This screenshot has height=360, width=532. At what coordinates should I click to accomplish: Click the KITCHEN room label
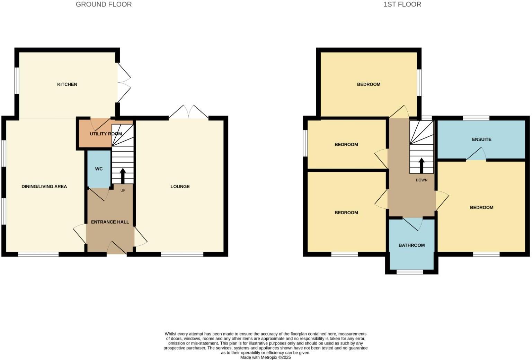(x=67, y=84)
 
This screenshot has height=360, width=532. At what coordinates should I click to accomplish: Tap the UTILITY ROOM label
(x=106, y=134)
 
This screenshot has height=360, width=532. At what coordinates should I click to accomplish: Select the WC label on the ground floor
(x=99, y=169)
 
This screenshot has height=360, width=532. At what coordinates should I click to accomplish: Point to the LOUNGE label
(x=180, y=187)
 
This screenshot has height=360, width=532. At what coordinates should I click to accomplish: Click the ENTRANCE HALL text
(x=110, y=222)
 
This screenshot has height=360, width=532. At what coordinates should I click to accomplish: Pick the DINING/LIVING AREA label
(x=44, y=187)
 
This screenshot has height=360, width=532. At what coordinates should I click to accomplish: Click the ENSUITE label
(x=481, y=139)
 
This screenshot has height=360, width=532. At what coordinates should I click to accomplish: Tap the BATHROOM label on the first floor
(x=411, y=245)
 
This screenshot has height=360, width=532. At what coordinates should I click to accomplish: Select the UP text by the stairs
(x=123, y=190)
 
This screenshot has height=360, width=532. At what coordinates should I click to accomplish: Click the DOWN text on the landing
(x=422, y=180)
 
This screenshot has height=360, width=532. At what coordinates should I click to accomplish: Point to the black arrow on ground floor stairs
(x=123, y=175)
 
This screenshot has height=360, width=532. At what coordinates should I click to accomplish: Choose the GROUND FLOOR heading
(x=104, y=4)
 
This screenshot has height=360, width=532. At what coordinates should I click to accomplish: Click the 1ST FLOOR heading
(x=402, y=4)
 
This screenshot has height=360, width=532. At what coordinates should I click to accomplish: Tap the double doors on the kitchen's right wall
(x=124, y=83)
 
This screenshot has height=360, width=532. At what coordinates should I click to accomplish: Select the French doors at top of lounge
(x=189, y=112)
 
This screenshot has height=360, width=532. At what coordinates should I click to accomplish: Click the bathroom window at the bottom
(x=410, y=272)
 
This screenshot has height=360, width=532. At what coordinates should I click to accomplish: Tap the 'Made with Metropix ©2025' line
(x=266, y=357)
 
